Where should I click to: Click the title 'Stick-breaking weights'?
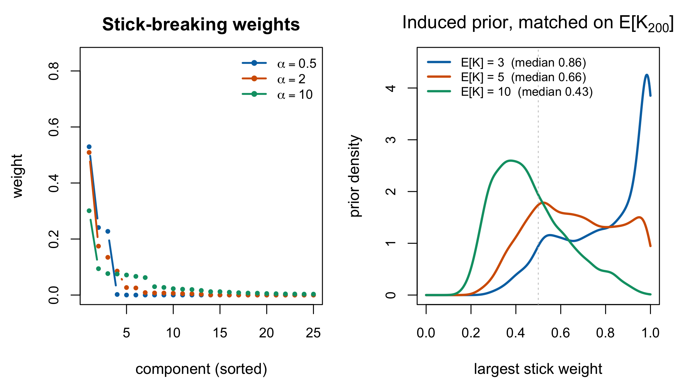(x=201, y=24)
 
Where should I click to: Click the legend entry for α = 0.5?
(x=279, y=64)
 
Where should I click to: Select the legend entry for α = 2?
(x=274, y=79)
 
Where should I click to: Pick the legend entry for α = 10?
(x=277, y=95)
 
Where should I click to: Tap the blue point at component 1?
(x=89, y=147)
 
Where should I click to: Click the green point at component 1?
(x=89, y=211)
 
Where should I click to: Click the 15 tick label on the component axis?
(x=220, y=333)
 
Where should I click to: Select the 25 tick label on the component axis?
(x=313, y=333)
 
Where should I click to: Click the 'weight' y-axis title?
(x=18, y=176)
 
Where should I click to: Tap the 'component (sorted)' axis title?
(x=201, y=369)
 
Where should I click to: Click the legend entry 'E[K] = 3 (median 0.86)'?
(x=506, y=63)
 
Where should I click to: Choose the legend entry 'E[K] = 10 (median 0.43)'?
(x=510, y=92)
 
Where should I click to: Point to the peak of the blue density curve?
(x=647, y=75)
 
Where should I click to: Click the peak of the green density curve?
(x=510, y=160)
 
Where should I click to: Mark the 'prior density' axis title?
(x=355, y=176)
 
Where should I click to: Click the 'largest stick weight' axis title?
(x=538, y=369)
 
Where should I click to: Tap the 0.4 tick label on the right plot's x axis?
(x=516, y=333)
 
